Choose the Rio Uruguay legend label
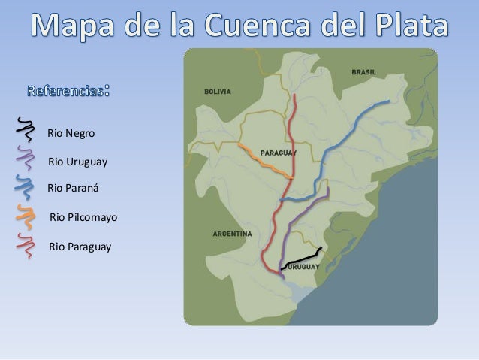click(77, 162)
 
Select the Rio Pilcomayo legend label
click(83, 218)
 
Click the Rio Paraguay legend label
click(79, 246)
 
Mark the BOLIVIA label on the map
click(218, 91)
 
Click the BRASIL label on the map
click(364, 72)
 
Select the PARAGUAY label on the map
click(278, 153)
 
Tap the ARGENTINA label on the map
click(232, 234)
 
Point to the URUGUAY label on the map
click(304, 267)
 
